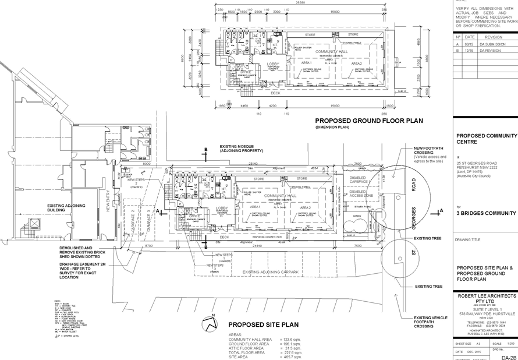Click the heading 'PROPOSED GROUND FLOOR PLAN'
click(369, 121)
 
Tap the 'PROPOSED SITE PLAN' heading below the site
click(256, 324)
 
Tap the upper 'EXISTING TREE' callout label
click(428, 238)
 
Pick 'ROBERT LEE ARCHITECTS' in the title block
click(485, 296)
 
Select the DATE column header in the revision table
click(469, 36)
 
